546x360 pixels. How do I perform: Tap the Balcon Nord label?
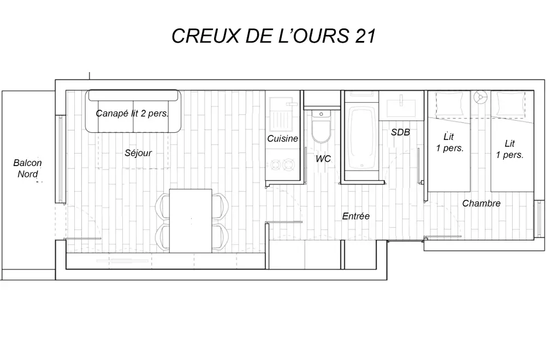27,168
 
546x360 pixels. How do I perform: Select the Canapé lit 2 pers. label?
132,114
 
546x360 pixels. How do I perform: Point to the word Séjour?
138,153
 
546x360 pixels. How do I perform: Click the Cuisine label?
282,139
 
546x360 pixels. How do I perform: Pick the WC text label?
323,159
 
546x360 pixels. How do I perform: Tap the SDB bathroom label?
400,132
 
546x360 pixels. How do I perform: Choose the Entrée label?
356,216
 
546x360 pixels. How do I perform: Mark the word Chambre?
481,203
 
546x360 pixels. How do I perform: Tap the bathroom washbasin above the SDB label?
401,103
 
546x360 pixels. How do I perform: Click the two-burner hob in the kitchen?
282,163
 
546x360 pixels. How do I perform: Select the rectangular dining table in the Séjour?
191,220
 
